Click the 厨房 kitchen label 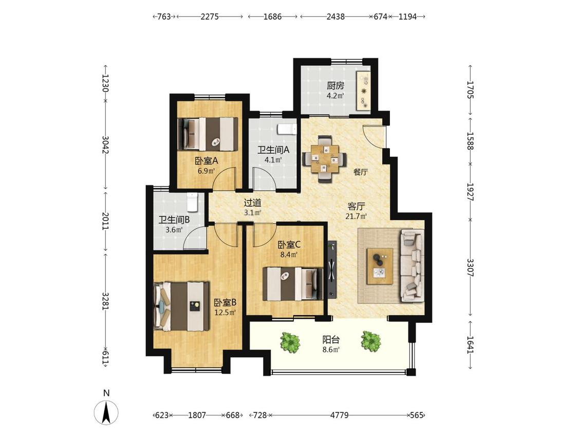[x=335, y=86]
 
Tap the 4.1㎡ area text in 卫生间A [x=273, y=160]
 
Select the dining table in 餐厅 [x=324, y=159]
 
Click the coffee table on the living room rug [x=380, y=266]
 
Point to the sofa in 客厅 [x=412, y=265]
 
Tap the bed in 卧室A [x=208, y=134]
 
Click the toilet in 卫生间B [x=193, y=202]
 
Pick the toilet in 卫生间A [x=287, y=129]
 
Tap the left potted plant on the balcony [x=290, y=342]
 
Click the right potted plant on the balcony [x=370, y=340]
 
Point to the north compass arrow [x=106, y=412]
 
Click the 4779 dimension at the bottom [x=339, y=415]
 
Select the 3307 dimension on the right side [x=470, y=267]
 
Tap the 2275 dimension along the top [x=210, y=16]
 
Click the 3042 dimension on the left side [x=105, y=145]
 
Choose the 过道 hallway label [x=253, y=202]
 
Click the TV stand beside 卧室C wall [x=332, y=270]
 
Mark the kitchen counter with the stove [x=363, y=90]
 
